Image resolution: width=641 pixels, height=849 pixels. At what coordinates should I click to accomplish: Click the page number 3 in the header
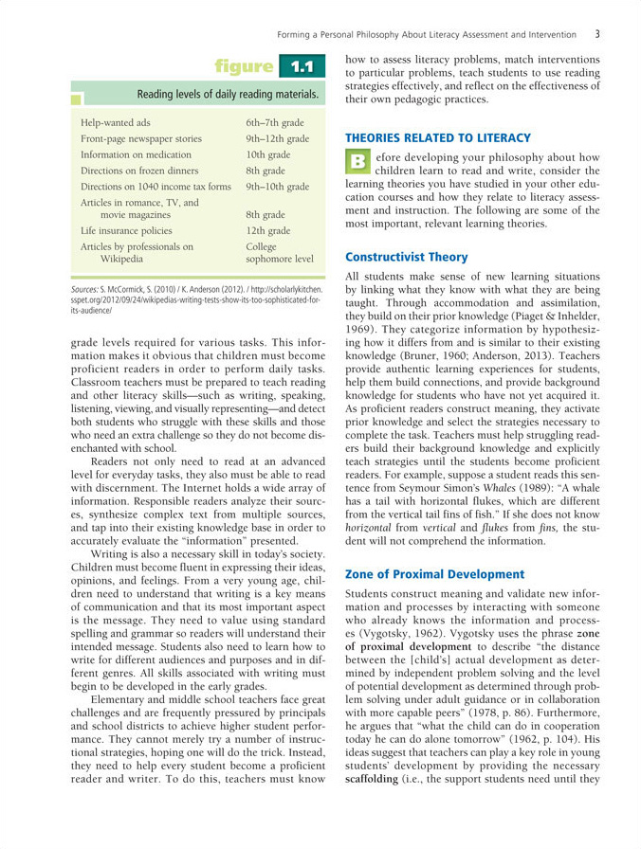click(x=597, y=34)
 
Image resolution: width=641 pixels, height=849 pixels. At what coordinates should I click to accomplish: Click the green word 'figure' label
click(x=244, y=66)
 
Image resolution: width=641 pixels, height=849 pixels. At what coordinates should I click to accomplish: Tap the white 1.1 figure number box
click(x=302, y=66)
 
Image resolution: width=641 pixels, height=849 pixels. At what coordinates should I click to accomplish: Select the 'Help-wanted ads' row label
click(x=116, y=122)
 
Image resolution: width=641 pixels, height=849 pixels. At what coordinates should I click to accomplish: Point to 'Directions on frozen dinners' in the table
click(x=139, y=171)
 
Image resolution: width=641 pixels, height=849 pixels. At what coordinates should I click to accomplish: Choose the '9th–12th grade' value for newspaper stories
click(x=278, y=138)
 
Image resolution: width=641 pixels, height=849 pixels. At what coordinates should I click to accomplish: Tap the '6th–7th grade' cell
click(x=275, y=122)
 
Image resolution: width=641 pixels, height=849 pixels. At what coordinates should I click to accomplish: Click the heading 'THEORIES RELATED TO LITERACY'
click(x=437, y=138)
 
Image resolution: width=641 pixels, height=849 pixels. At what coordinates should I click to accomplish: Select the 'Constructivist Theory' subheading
click(x=406, y=257)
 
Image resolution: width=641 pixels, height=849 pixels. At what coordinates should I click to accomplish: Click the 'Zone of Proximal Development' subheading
click(x=434, y=574)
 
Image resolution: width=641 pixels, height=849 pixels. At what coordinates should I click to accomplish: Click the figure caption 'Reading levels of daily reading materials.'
click(x=228, y=95)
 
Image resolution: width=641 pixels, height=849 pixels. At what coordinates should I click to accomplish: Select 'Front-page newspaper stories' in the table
click(x=141, y=138)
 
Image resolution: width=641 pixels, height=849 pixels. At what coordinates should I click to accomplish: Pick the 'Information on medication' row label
click(x=137, y=154)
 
